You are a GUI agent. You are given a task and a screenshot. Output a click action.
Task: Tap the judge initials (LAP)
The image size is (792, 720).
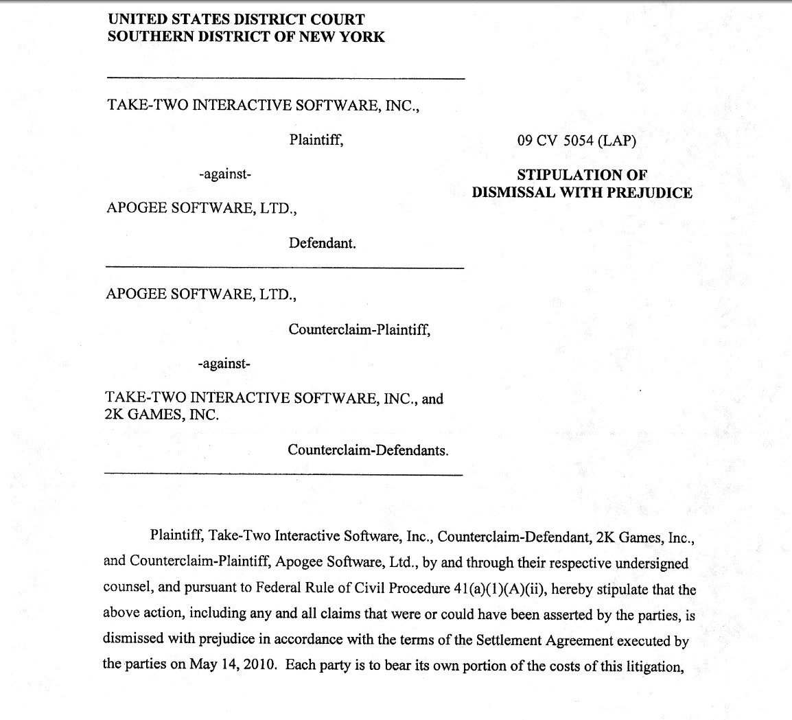point(618,141)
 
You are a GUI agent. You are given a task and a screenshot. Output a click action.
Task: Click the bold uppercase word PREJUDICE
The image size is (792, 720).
point(649,192)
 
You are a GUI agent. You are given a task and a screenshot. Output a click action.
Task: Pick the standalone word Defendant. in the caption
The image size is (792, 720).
point(322,243)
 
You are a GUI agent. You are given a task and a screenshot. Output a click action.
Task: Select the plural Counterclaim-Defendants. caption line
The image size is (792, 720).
point(368,450)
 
